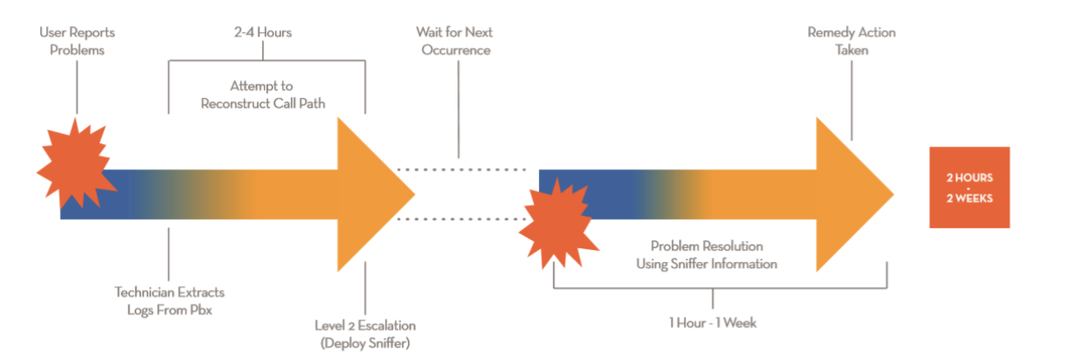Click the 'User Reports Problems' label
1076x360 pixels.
point(77,41)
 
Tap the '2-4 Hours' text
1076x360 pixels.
point(263,33)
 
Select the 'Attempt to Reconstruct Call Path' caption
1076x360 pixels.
point(262,95)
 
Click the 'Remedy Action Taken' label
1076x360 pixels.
point(851,41)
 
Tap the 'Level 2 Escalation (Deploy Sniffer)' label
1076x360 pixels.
point(364,333)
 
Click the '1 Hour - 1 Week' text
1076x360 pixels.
point(712,323)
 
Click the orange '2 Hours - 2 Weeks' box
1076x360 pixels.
point(969,187)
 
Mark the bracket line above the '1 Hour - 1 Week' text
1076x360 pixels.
point(720,289)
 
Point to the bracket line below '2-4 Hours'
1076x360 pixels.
point(266,61)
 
